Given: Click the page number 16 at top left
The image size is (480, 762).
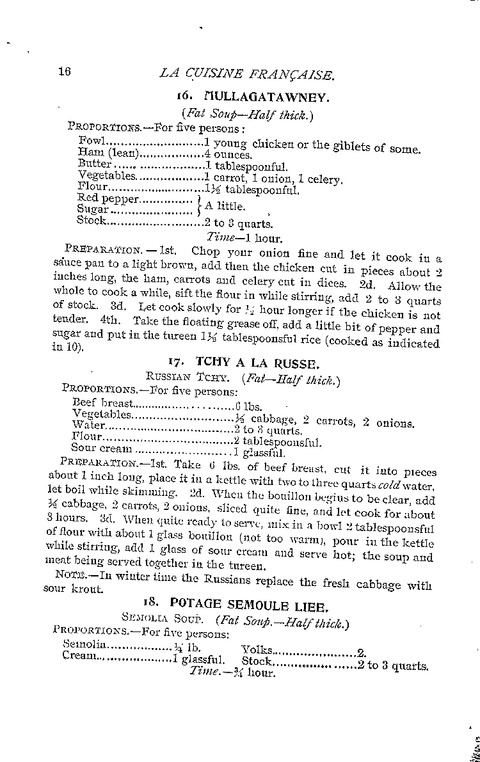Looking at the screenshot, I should pyautogui.click(x=63, y=71).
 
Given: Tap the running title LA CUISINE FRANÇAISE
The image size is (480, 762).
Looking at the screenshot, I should pyautogui.click(x=246, y=74).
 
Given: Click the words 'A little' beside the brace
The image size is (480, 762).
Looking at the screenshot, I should pyautogui.click(x=224, y=206).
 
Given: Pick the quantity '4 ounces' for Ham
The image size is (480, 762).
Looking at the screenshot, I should pyautogui.click(x=228, y=154).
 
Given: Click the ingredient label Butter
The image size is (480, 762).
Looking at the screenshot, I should pyautogui.click(x=95, y=164).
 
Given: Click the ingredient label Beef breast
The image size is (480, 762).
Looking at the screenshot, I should pyautogui.click(x=103, y=402).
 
